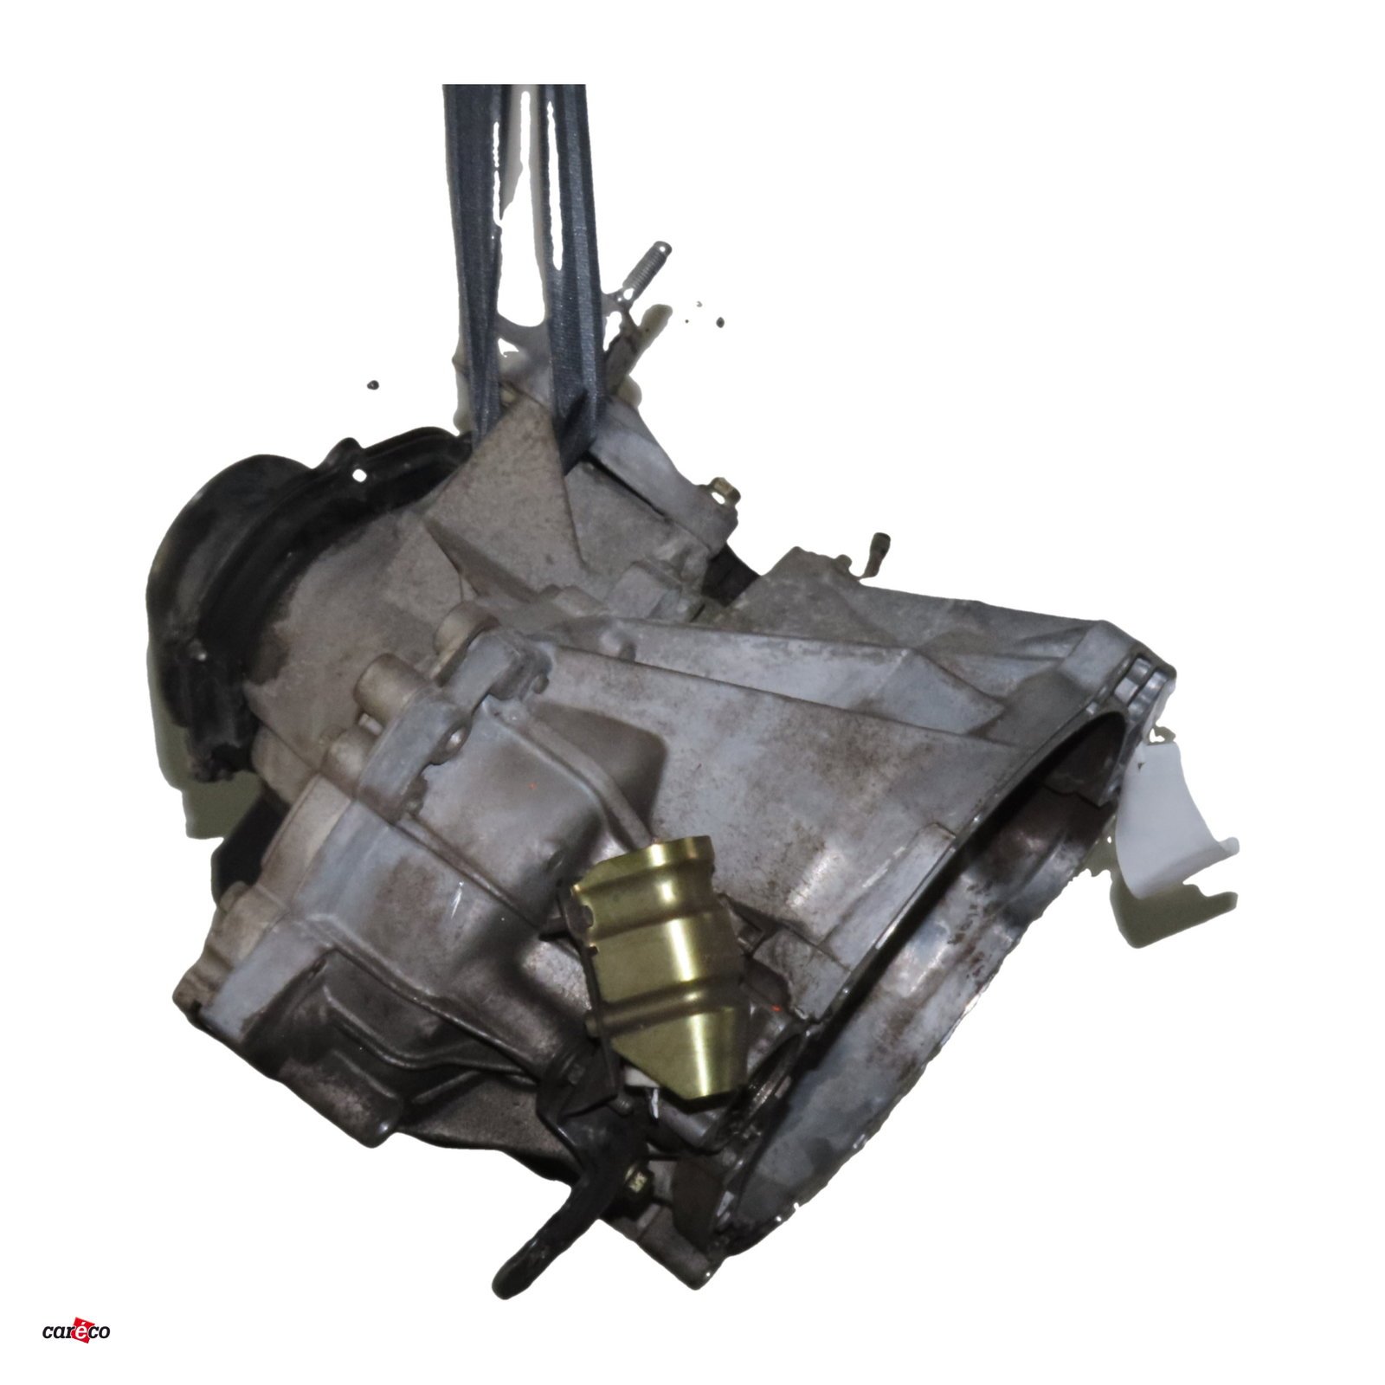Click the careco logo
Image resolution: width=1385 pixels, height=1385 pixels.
[76, 1330]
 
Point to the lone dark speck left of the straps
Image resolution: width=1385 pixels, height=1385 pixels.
[373, 383]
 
